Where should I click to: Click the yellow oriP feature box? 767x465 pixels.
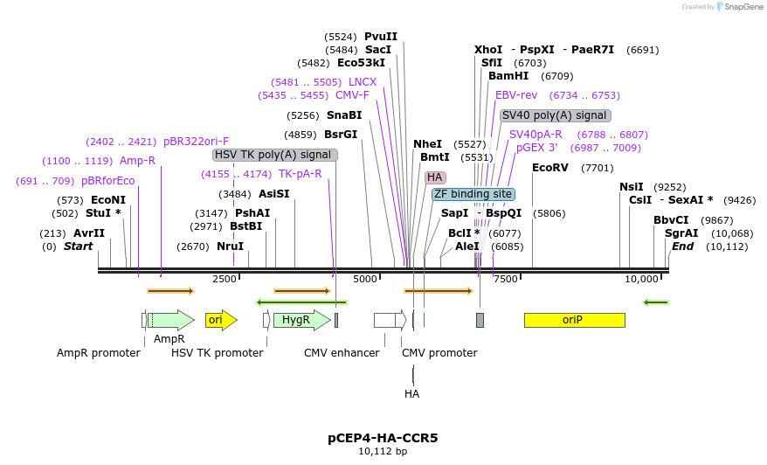574,320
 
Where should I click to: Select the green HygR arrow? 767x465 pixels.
301,320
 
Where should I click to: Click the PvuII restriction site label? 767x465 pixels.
381,37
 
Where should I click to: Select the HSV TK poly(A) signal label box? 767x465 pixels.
275,155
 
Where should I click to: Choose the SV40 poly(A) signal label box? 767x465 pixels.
555,115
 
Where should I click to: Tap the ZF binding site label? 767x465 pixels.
473,194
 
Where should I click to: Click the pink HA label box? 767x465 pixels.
435,177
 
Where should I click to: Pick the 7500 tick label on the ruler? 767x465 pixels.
506,279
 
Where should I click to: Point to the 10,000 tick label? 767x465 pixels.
642,279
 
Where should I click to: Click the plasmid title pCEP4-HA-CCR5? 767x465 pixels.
383,437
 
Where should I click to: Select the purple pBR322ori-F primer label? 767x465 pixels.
196,142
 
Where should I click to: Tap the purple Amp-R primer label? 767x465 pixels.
137,161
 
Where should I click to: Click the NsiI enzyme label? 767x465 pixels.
631,187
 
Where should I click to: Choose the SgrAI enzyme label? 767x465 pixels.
681,233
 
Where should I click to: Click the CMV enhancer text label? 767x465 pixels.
342,353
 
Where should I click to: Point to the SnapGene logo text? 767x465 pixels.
743,7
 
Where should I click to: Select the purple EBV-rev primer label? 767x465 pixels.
516,95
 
